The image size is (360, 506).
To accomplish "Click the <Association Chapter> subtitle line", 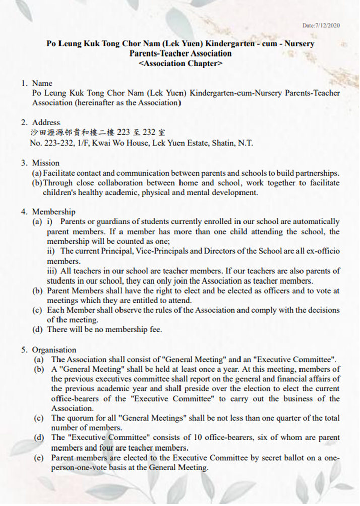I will tap(180, 64).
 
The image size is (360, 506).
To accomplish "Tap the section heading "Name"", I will tap(42, 83).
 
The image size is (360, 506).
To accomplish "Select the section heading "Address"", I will tap(46, 122).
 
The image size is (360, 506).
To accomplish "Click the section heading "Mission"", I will tap(46, 163).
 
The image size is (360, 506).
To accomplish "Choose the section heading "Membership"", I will tap(54, 212).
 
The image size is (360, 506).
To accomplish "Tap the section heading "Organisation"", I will tap(54, 350).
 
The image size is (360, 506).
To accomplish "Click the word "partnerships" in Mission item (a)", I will tap(318, 173).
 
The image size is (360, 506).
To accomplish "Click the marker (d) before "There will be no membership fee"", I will tap(37, 329).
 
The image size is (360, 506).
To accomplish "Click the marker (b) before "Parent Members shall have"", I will tap(37, 291).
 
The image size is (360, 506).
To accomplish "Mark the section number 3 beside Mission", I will tap(23, 163).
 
